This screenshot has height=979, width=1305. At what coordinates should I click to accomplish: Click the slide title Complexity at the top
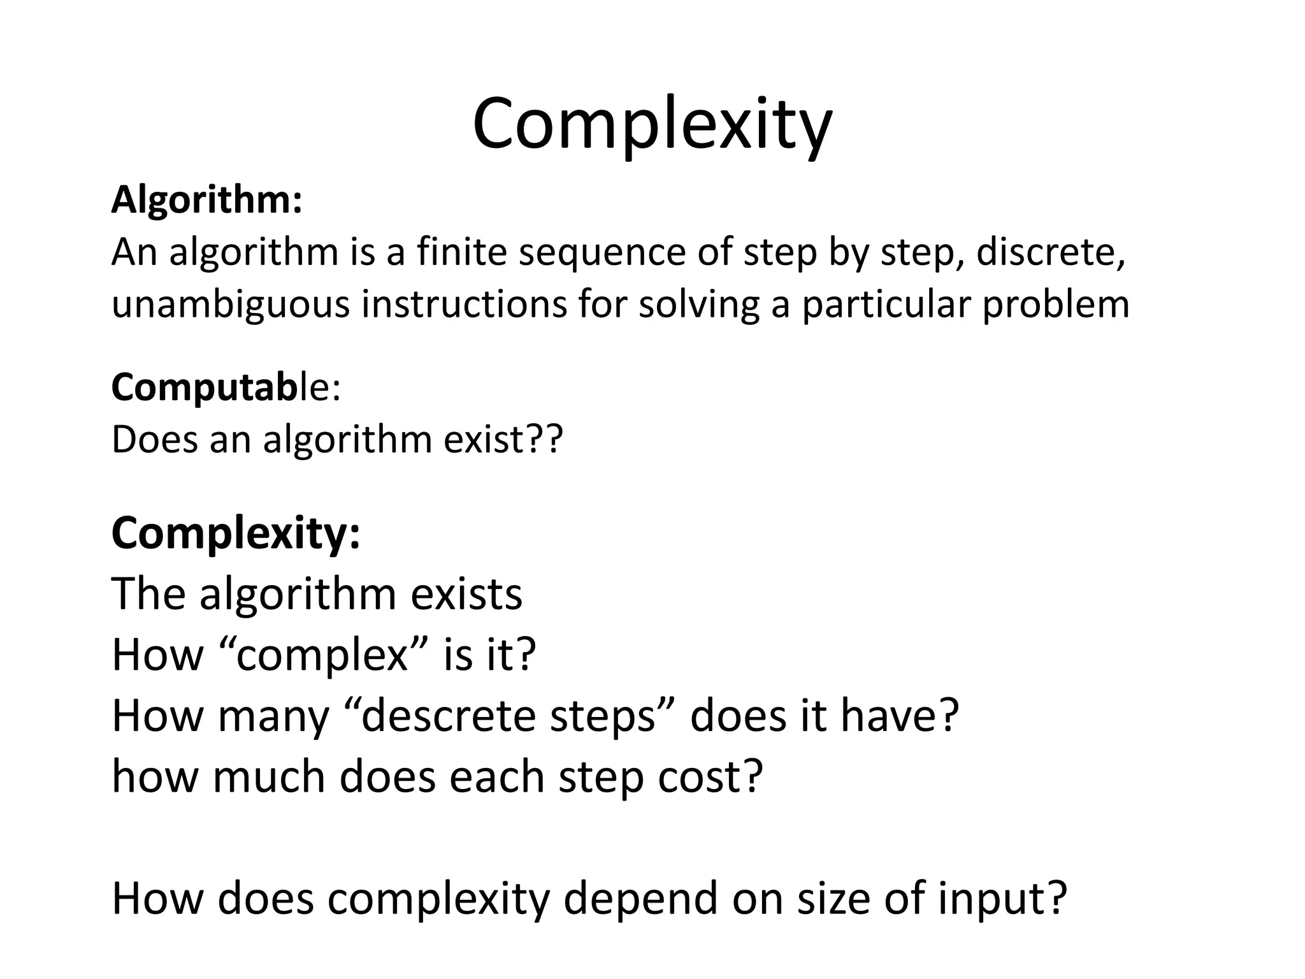pos(652,124)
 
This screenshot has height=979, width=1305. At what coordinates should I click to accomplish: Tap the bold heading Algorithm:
pos(206,200)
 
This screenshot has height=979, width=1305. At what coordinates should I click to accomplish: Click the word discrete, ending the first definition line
pos(1050,253)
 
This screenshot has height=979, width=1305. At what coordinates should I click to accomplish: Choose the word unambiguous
pos(231,305)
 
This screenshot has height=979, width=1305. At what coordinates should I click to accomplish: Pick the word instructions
pos(464,304)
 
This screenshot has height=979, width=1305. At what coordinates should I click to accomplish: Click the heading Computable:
pos(226,388)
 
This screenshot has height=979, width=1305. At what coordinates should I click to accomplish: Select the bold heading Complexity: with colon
pos(236,534)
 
